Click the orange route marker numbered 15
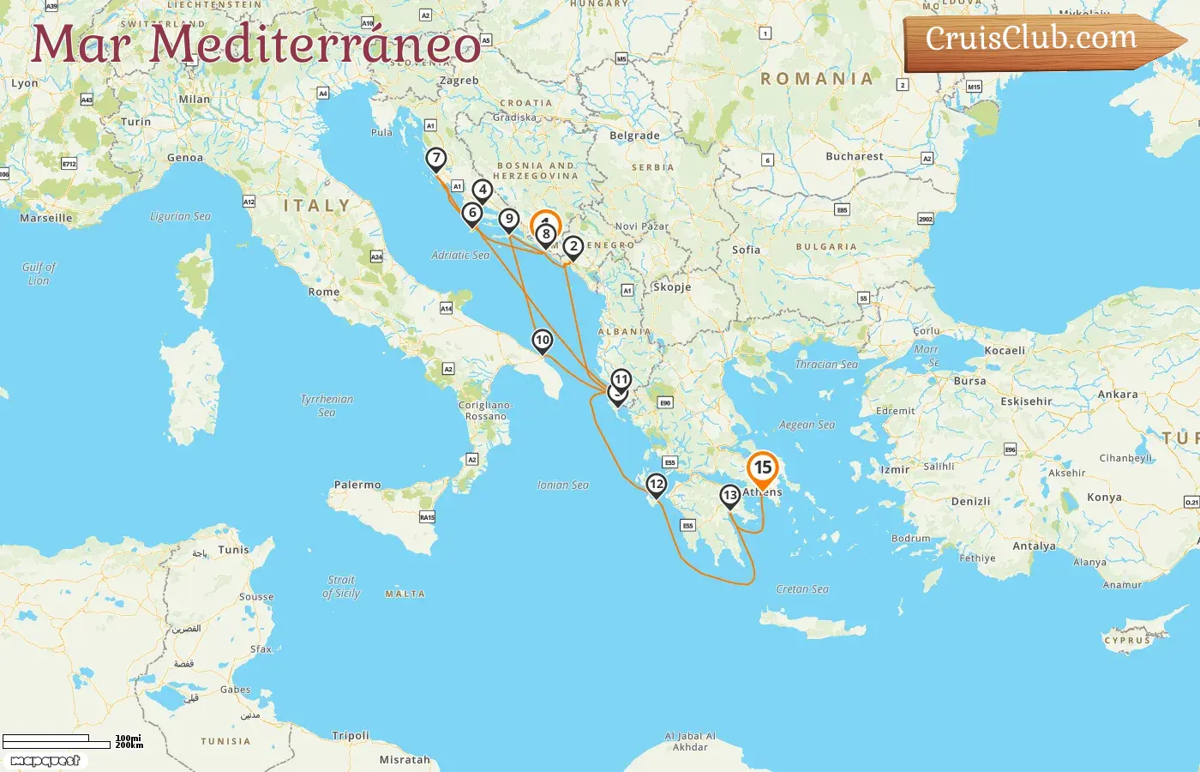(x=762, y=468)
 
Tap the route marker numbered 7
(x=436, y=159)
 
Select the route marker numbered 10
(x=542, y=341)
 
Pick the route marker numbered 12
(x=656, y=485)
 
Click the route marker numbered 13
(x=729, y=496)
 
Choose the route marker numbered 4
(x=483, y=190)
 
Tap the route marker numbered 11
(x=621, y=379)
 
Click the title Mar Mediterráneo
(x=256, y=44)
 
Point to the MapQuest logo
(x=45, y=761)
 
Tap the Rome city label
(x=324, y=292)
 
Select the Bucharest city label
(x=854, y=156)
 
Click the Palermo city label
(x=357, y=485)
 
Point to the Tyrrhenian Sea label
(x=327, y=406)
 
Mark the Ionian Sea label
(x=563, y=485)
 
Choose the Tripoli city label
(x=351, y=735)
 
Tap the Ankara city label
(x=1118, y=395)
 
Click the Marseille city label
(x=46, y=218)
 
